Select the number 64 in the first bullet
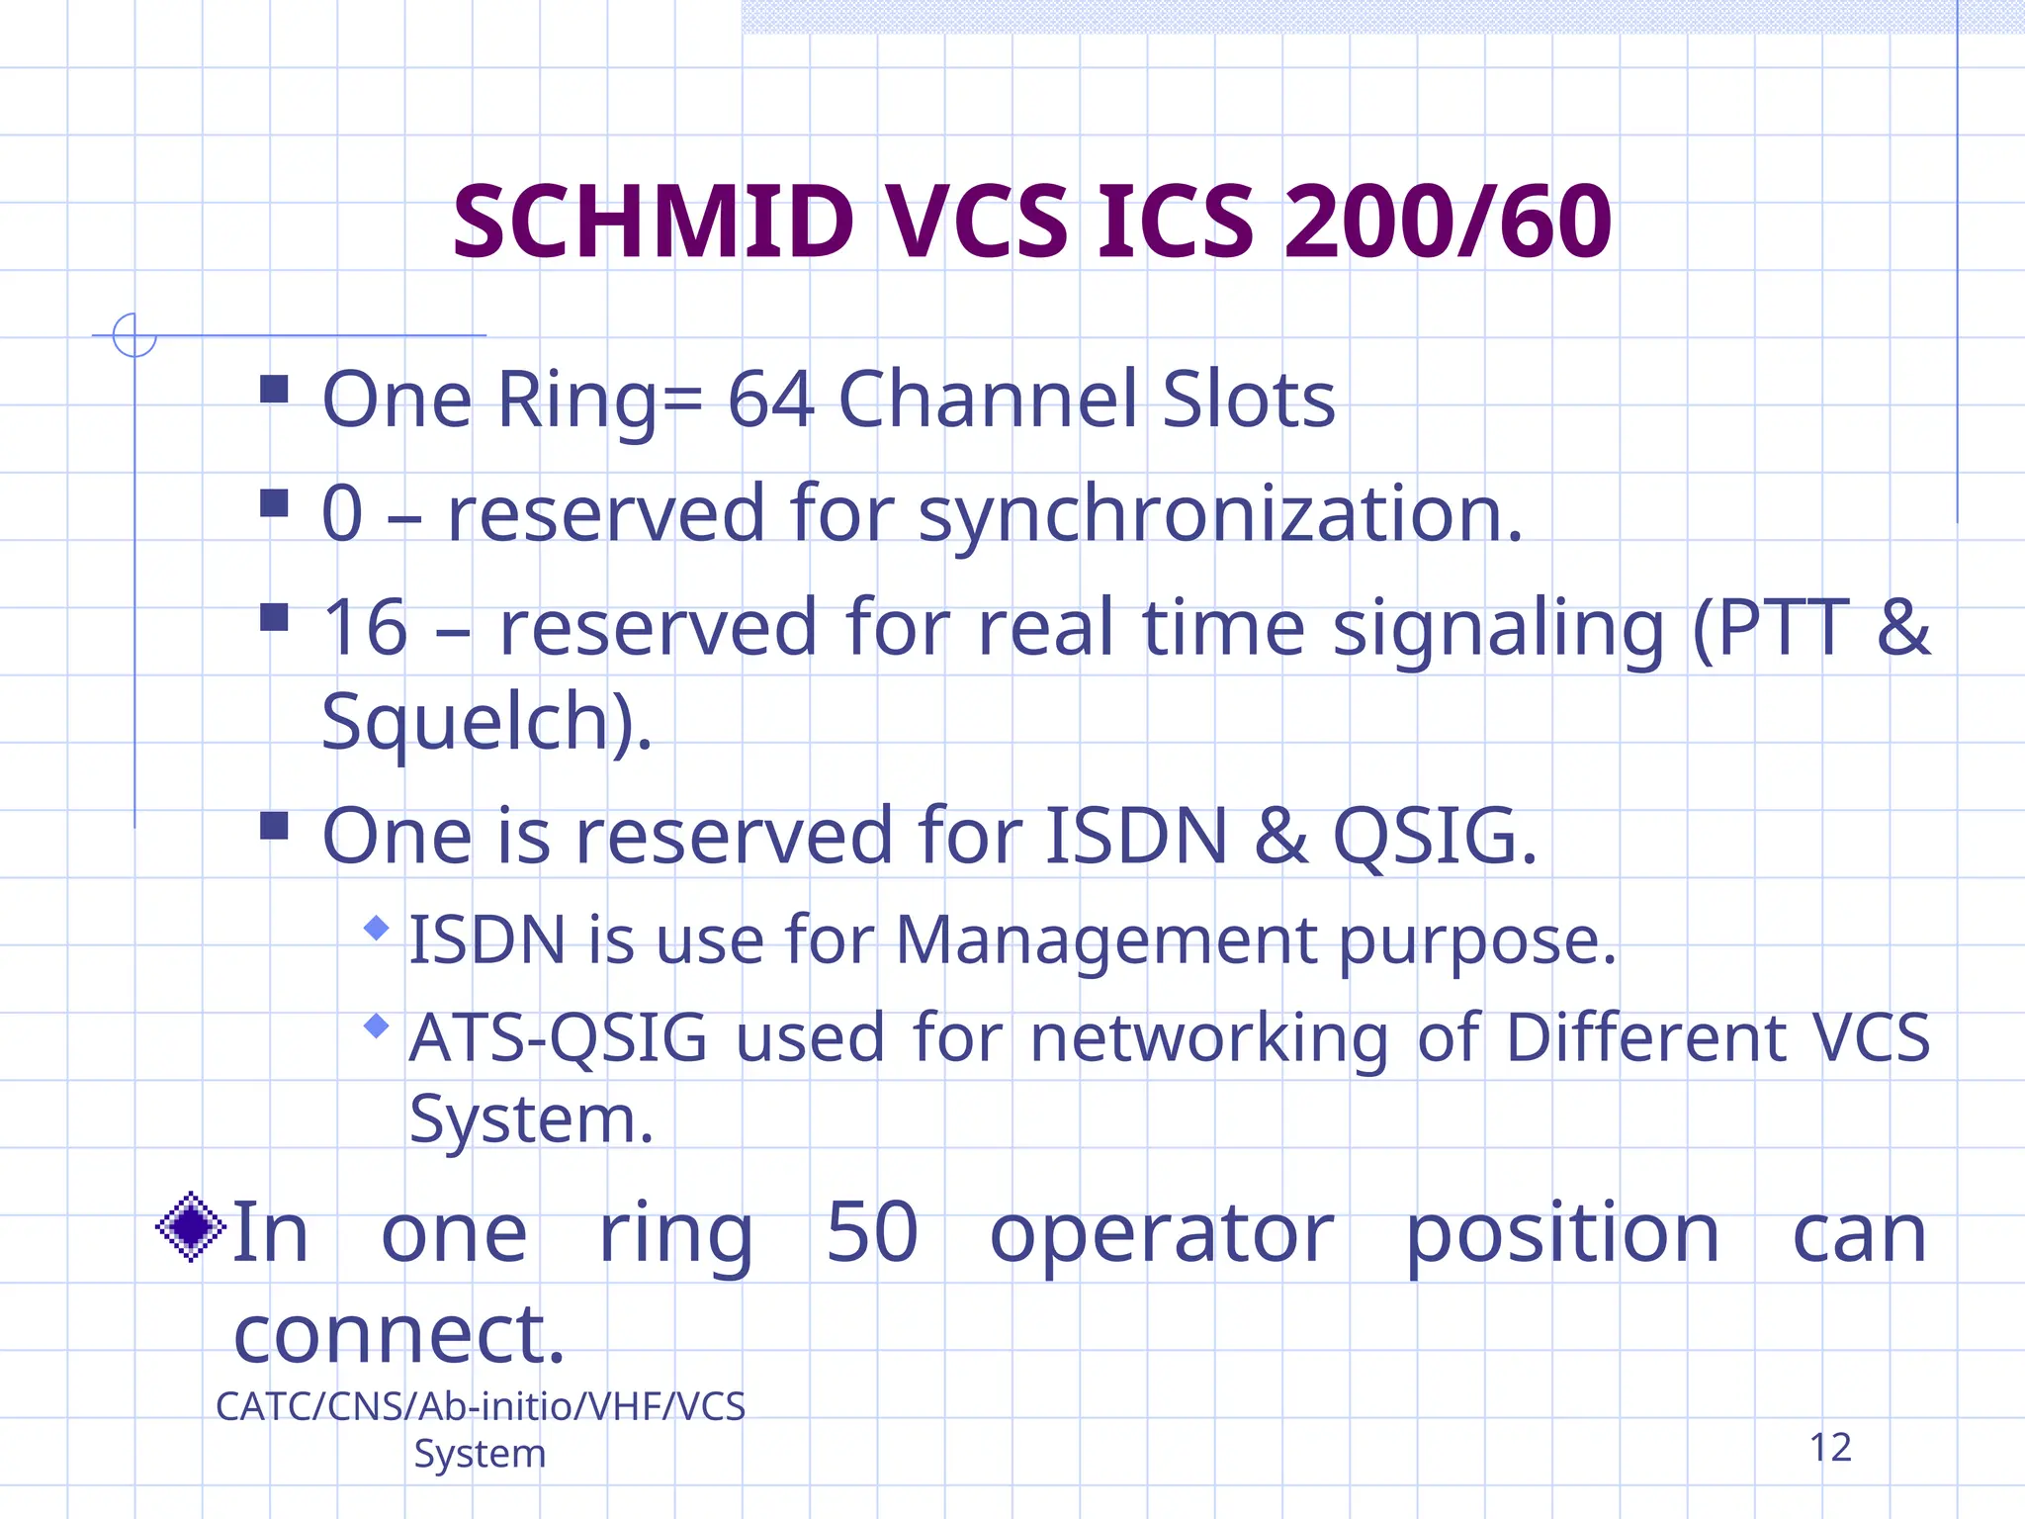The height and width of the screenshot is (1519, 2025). point(771,400)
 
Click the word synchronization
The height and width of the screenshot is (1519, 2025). point(1220,514)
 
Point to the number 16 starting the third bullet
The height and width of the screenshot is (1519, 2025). point(365,628)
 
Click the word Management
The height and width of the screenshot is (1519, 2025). point(1106,939)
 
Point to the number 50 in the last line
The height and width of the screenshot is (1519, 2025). point(872,1232)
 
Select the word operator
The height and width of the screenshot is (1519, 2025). point(1162,1234)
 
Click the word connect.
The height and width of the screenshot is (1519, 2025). point(398,1334)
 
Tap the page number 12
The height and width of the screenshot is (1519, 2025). point(1830,1448)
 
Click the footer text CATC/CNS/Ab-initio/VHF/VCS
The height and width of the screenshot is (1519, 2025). point(481,1406)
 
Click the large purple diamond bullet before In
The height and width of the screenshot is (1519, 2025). point(192,1226)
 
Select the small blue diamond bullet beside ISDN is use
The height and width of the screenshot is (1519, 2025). point(376,928)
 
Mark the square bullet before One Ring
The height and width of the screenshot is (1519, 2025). point(274,389)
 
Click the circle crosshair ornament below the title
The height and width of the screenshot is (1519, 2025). point(134,335)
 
